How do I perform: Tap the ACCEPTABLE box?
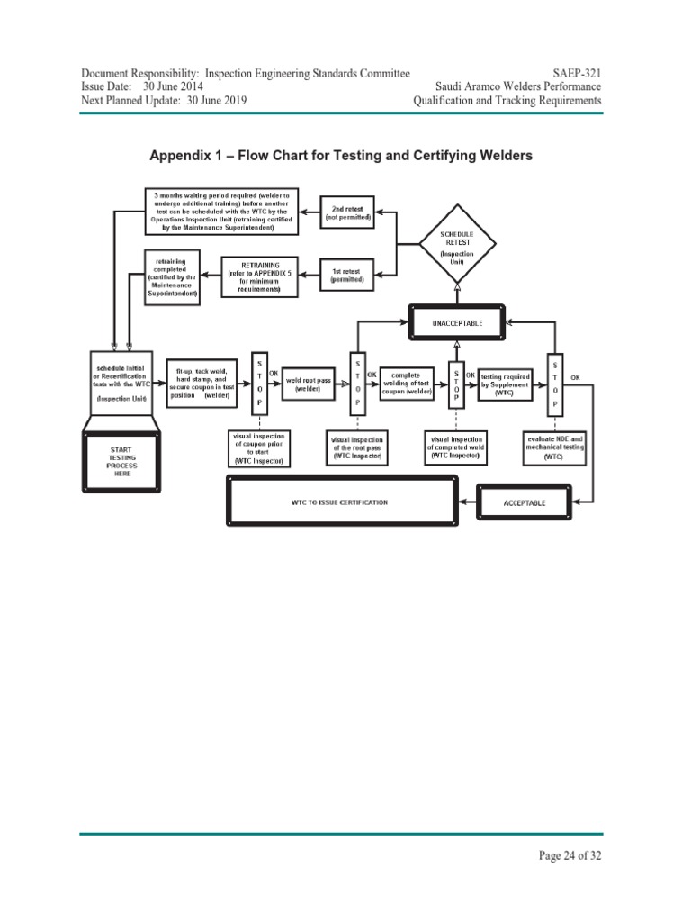coord(524,502)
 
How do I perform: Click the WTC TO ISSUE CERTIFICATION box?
coord(340,502)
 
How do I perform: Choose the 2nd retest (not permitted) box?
coord(347,212)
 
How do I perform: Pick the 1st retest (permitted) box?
coord(347,275)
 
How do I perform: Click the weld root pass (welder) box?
coord(308,384)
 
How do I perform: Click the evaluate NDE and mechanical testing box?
coord(555,447)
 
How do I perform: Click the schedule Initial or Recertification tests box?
coord(121,383)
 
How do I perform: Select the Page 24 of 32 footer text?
coord(569,856)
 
